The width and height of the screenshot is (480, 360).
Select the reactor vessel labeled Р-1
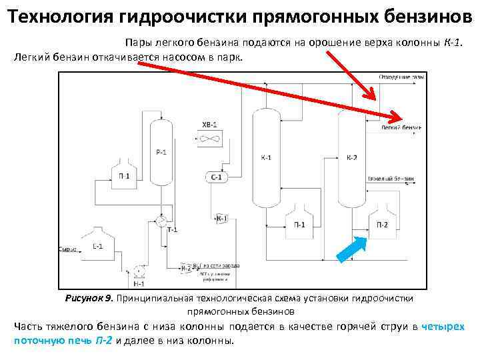coord(160,151)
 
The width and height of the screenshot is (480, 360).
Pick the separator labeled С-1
coord(217,177)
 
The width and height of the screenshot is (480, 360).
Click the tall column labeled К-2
coord(351,158)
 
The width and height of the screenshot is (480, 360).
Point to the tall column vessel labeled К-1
coord(265,158)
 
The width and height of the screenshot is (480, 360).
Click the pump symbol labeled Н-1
coord(139,271)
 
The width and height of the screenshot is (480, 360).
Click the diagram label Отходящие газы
coord(401,77)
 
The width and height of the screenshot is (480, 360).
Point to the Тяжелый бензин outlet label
coord(391,179)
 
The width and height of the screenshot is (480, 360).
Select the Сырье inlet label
coord(67,249)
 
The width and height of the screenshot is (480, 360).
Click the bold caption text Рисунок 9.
coord(89,298)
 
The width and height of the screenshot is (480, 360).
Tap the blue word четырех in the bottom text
coord(443,327)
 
